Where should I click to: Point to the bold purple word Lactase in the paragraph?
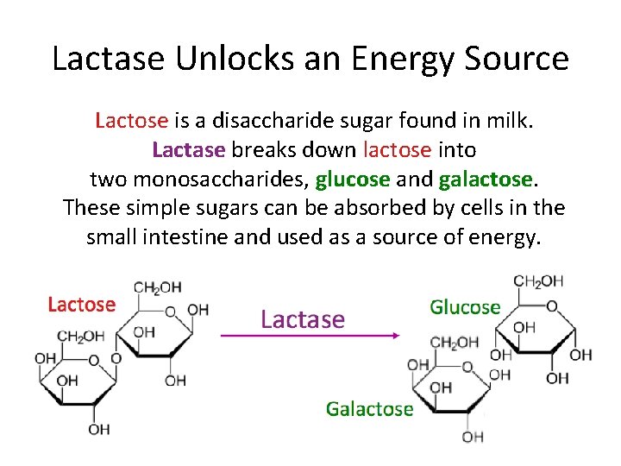pos(188,149)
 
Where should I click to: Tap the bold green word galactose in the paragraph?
pos(486,179)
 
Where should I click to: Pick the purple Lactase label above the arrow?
pos(302,319)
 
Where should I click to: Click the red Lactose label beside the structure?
pos(81,304)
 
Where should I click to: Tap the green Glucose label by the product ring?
pos(465,307)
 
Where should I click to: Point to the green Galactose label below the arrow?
pos(369,409)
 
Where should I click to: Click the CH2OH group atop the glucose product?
pos(538,281)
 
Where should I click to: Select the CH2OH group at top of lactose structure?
pos(157,287)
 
